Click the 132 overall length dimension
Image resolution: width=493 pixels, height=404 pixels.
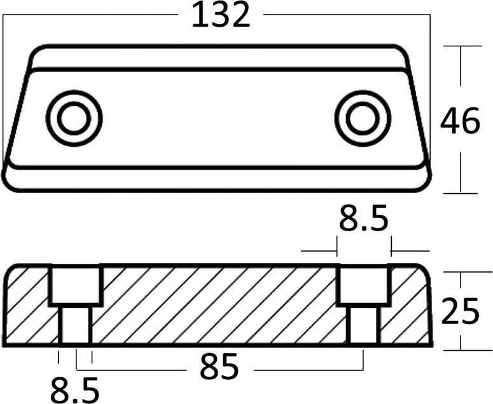(221, 15)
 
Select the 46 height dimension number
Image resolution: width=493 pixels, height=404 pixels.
(460, 120)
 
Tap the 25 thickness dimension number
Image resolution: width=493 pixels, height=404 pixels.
(460, 311)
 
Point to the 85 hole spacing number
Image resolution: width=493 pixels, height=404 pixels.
(219, 365)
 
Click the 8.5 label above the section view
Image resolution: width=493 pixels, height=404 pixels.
(364, 217)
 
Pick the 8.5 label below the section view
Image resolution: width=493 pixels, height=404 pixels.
(75, 390)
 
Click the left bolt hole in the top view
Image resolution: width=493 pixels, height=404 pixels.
(74, 118)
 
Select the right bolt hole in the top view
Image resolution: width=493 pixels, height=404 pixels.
(363, 118)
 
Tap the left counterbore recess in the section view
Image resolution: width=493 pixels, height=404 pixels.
(76, 285)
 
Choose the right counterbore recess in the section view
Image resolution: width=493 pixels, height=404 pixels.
(363, 285)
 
